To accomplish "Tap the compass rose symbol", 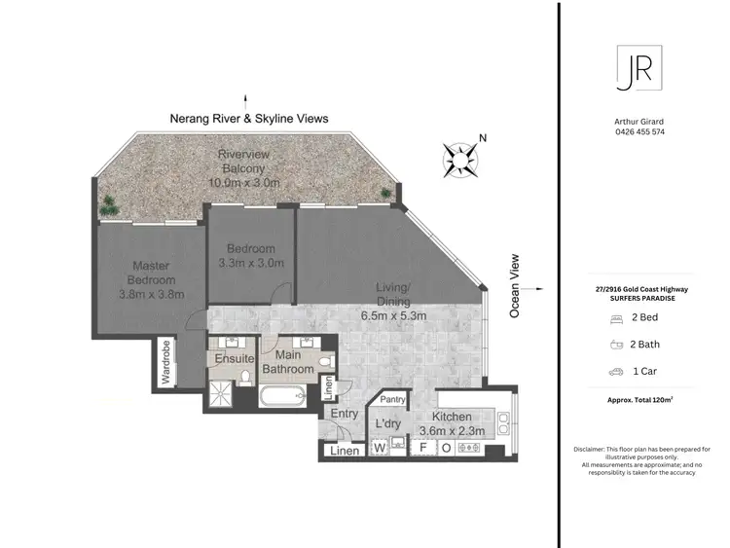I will [x=462, y=158].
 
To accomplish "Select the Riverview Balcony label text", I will [x=244, y=168].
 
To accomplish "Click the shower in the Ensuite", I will [x=219, y=393].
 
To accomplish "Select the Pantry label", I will [x=393, y=399].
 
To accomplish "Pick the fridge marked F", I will [x=422, y=448].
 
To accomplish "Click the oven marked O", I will [x=446, y=448].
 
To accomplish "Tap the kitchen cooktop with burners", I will [x=471, y=448].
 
